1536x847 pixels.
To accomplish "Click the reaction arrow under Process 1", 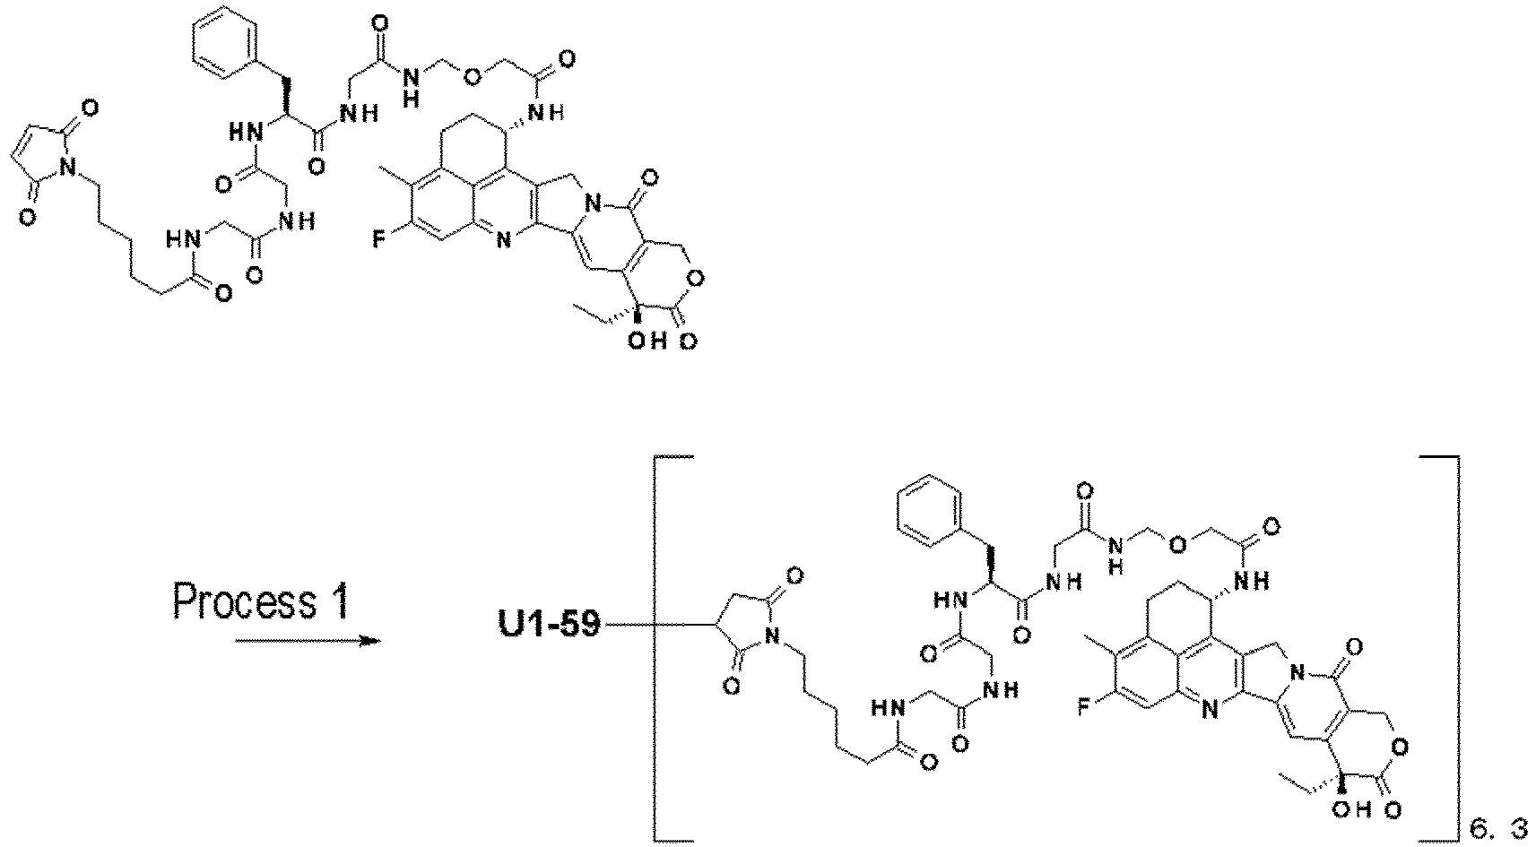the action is click(308, 642).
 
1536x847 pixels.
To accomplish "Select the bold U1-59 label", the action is click(550, 625).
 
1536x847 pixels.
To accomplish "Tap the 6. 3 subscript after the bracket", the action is click(1497, 827).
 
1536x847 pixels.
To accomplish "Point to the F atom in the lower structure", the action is click(1084, 706).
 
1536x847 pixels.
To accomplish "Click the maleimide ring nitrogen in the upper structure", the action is click(66, 166).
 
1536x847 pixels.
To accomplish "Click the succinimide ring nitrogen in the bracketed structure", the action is click(772, 637).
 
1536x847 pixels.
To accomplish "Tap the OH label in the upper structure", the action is click(646, 341).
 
